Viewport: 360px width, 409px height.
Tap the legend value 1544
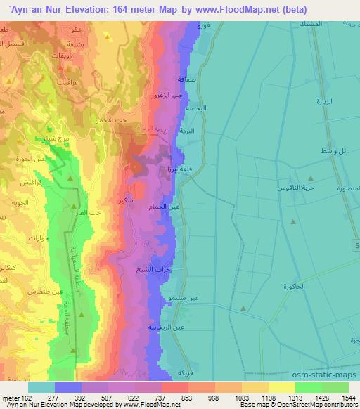[x=349, y=396]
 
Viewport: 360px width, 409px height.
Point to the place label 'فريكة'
[x=185, y=372]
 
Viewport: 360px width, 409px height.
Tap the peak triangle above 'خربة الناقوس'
[x=311, y=178]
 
